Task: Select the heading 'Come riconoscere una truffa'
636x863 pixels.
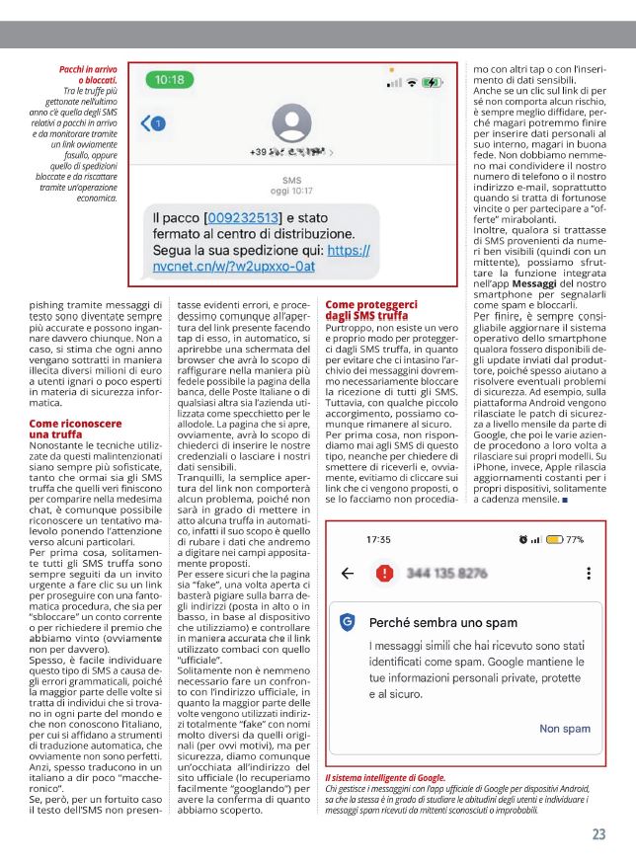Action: point(69,428)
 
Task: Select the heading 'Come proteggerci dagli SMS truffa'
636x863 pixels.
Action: point(371,310)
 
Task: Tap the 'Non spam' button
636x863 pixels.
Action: point(564,729)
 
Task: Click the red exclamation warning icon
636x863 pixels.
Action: point(383,574)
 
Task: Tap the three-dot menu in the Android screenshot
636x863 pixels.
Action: point(590,574)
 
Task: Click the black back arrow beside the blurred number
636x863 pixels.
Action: point(347,574)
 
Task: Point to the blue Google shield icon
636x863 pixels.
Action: point(347,622)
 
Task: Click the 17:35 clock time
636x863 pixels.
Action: point(378,540)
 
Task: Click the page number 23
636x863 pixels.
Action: point(598,833)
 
